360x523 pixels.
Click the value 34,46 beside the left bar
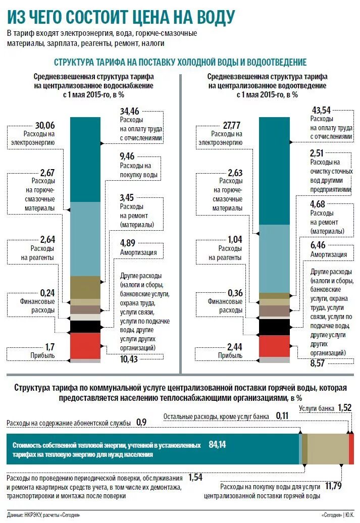(129, 111)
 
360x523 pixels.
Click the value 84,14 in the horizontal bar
(217, 445)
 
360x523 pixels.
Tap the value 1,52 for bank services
(344, 407)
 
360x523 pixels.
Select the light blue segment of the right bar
(274, 257)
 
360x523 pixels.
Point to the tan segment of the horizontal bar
(327, 449)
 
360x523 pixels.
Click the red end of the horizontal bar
(351, 449)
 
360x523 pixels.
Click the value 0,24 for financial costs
(47, 292)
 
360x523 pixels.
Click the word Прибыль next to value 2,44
(230, 355)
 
